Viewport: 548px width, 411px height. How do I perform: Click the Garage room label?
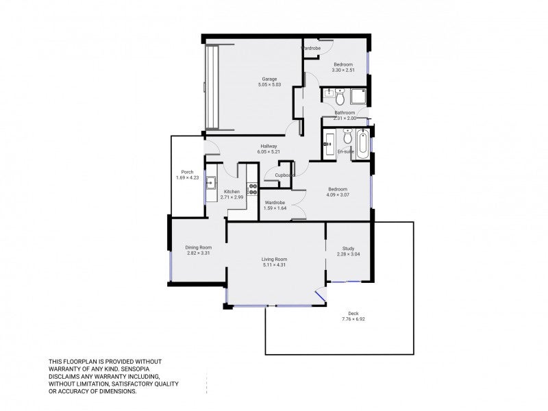[269, 79]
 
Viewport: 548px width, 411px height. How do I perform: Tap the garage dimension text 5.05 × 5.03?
[269, 84]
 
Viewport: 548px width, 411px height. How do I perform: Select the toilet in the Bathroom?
[340, 97]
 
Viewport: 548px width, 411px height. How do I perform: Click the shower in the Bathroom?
[358, 96]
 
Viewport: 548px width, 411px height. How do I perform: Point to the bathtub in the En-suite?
[362, 145]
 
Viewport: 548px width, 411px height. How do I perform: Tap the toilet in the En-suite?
[347, 136]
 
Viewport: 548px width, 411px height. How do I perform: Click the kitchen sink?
[211, 183]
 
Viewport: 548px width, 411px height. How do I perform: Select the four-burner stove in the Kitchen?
[252, 189]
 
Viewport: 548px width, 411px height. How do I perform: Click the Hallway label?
[269, 146]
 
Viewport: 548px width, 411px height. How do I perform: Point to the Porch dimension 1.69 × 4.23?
[187, 177]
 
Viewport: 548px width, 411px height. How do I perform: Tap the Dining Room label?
[199, 247]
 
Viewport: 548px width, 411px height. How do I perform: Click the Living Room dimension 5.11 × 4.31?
[275, 265]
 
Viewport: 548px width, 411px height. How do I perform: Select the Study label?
[348, 249]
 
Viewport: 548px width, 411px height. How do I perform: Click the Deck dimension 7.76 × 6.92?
[353, 319]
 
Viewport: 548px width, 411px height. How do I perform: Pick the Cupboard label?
[285, 175]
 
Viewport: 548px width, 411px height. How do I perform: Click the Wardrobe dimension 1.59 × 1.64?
[275, 208]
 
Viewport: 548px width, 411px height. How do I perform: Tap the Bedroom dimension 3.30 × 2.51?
[343, 70]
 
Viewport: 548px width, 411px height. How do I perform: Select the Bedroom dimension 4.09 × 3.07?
[338, 195]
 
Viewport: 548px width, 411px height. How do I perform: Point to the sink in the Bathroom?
[329, 93]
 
